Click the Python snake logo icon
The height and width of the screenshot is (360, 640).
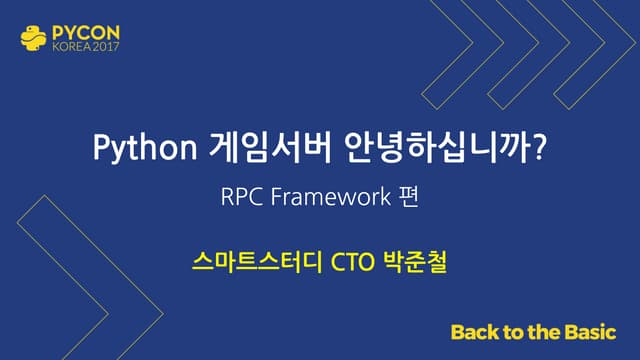click(31, 38)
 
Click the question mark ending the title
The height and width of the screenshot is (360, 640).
click(540, 149)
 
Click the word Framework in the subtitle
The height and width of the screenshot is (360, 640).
click(325, 197)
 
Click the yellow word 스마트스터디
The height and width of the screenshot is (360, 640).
click(249, 263)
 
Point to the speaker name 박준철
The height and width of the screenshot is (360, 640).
click(416, 263)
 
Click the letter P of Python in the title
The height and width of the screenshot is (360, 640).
click(99, 149)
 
